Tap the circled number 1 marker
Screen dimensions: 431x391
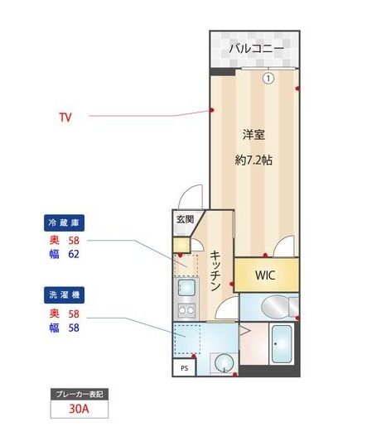pyautogui.click(x=268, y=79)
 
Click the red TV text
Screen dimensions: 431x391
pyautogui.click(x=65, y=117)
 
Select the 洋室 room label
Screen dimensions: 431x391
pyautogui.click(x=253, y=134)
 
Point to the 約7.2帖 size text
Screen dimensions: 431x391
pyautogui.click(x=253, y=160)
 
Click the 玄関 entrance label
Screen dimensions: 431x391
pyautogui.click(x=185, y=219)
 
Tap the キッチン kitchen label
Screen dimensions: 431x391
pyautogui.click(x=214, y=271)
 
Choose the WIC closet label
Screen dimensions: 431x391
pyautogui.click(x=264, y=275)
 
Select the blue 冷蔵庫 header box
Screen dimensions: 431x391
pyautogui.click(x=65, y=223)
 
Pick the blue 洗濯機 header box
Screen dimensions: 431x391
pyautogui.click(x=65, y=294)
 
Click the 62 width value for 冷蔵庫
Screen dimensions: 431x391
pyautogui.click(x=73, y=254)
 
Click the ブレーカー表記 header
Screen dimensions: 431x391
pyautogui.click(x=80, y=394)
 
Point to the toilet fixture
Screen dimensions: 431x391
pyautogui.click(x=273, y=308)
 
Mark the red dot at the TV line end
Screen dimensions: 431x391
pyautogui.click(x=212, y=110)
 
